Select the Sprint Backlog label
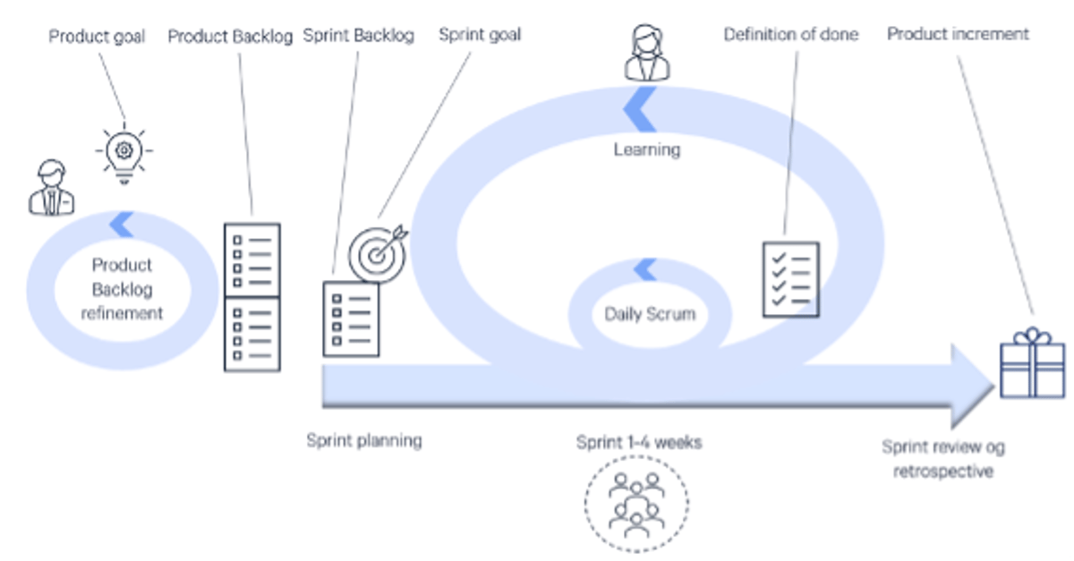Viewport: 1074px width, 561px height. coord(358,37)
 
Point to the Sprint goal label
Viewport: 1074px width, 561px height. coord(480,36)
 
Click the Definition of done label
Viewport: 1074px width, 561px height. coord(790,35)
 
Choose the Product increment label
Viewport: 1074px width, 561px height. coord(958,34)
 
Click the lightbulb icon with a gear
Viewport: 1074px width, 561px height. coord(124,151)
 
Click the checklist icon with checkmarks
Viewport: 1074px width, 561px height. coord(791,277)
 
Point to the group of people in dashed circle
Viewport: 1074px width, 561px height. coord(636,501)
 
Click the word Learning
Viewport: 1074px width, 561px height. coord(646,149)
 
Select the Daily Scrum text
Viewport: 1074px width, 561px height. coord(650,314)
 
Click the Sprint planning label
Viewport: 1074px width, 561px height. coord(363,440)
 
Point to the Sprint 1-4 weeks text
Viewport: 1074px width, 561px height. coord(639,442)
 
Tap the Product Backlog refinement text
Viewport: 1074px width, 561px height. coord(122,289)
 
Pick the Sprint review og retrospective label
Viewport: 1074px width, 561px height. coord(943,458)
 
